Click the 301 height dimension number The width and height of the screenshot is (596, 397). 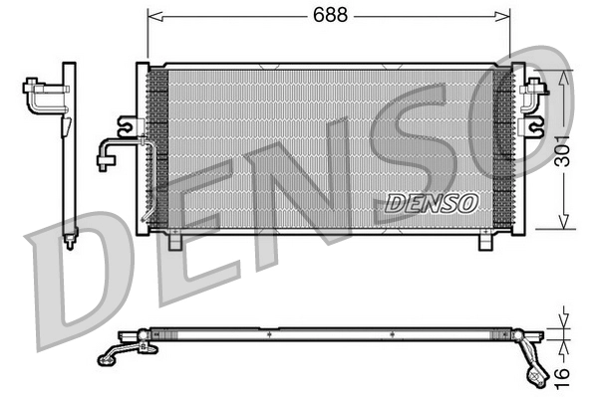565,151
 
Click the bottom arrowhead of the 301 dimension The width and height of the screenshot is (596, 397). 565,224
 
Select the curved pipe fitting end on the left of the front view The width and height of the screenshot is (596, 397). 105,159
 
